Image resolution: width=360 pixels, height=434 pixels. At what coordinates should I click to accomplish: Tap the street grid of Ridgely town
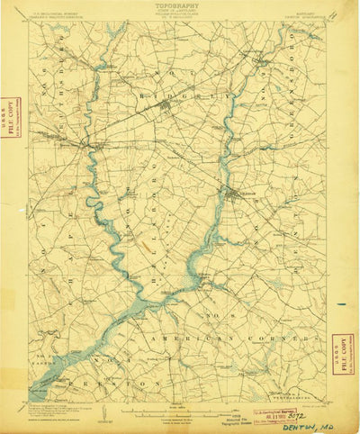(x=166, y=111)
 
